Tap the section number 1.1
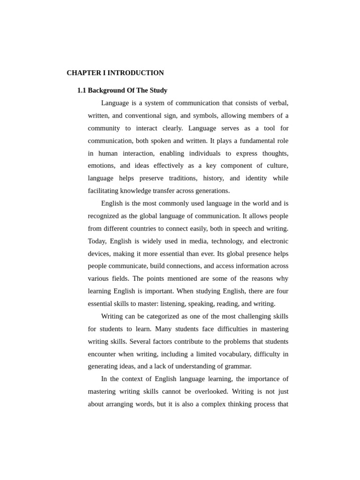point(82,90)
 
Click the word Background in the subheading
point(106,90)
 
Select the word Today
point(97,241)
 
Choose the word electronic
point(274,241)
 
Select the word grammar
point(239,367)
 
